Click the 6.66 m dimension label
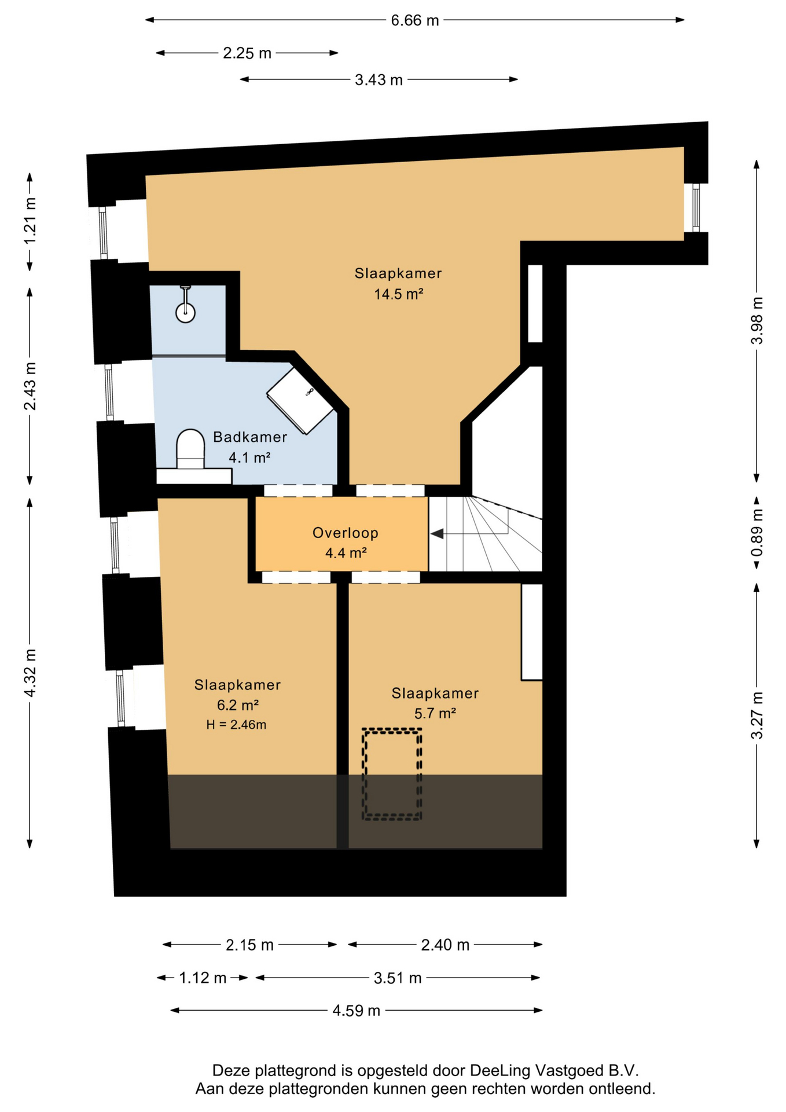pyautogui.click(x=415, y=21)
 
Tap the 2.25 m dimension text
pyautogui.click(x=247, y=53)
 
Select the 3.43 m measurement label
pyautogui.click(x=379, y=80)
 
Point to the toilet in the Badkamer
pyautogui.click(x=190, y=449)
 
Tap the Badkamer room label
pyautogui.click(x=250, y=437)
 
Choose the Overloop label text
pyautogui.click(x=346, y=533)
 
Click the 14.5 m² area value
pyautogui.click(x=399, y=294)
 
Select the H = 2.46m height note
pyautogui.click(x=236, y=725)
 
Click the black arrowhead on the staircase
pyautogui.click(x=437, y=533)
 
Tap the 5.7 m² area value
pyautogui.click(x=435, y=713)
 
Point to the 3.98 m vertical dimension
pyautogui.click(x=757, y=321)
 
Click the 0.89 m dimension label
pyautogui.click(x=757, y=532)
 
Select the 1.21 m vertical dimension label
pyautogui.click(x=30, y=221)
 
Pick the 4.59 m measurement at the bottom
pyautogui.click(x=357, y=1011)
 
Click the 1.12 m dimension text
pyautogui.click(x=203, y=978)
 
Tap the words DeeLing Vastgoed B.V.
pyautogui.click(x=554, y=1070)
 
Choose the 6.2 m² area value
pyautogui.click(x=238, y=705)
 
